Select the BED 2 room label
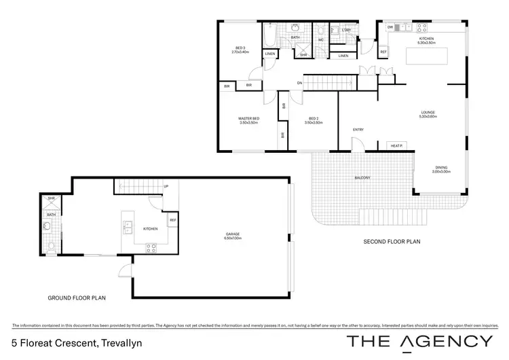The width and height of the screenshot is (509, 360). pyautogui.click(x=313, y=121)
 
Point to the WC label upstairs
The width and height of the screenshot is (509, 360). pyautogui.click(x=321, y=39)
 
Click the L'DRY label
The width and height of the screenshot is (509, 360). pyautogui.click(x=346, y=31)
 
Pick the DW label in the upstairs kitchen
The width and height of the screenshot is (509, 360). pyautogui.click(x=390, y=27)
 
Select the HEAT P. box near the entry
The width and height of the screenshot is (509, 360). pyautogui.click(x=396, y=145)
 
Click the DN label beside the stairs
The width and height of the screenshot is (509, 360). pyautogui.click(x=299, y=84)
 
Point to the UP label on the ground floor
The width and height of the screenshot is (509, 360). pyautogui.click(x=166, y=186)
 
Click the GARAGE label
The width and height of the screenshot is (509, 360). pyautogui.click(x=233, y=236)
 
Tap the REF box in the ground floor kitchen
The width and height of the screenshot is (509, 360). pyautogui.click(x=173, y=220)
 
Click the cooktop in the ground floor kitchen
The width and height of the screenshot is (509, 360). pyautogui.click(x=151, y=247)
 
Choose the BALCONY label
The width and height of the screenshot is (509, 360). pyautogui.click(x=362, y=178)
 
